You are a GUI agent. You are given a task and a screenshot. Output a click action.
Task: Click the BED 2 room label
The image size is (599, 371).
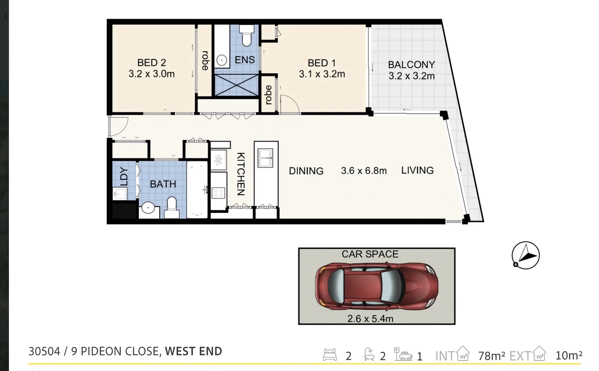click(x=151, y=63)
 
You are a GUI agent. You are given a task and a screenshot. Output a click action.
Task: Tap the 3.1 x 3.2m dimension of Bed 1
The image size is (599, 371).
click(x=322, y=74)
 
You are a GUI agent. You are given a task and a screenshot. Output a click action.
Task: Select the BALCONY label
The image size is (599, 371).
click(x=411, y=65)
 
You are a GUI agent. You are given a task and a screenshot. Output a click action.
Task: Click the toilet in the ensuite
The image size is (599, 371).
click(x=247, y=36)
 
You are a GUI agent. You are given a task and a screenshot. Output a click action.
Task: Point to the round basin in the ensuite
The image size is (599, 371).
click(x=222, y=61)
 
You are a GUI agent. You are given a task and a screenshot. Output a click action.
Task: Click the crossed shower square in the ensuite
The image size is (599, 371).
click(x=236, y=85)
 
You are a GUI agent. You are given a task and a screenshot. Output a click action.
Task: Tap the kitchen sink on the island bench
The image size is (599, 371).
click(x=265, y=158)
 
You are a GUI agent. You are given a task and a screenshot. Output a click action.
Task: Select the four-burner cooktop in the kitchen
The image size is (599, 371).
click(x=218, y=193)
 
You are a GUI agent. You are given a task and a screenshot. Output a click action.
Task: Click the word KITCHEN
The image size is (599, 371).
click(x=241, y=174)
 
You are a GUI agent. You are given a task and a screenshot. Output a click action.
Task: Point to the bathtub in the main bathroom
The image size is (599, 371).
click(x=197, y=189)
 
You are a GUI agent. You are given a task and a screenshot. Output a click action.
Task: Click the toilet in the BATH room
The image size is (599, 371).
click(x=172, y=207)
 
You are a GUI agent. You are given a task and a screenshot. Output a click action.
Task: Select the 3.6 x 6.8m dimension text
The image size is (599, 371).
click(x=363, y=171)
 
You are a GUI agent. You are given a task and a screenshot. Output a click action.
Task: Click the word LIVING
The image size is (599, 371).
click(x=417, y=170)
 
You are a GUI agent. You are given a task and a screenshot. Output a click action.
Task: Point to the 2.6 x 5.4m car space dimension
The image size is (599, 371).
click(x=370, y=319)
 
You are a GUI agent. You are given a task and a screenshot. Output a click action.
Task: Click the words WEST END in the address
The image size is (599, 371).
click(x=193, y=351)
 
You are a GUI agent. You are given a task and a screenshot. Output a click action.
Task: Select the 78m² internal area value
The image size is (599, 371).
click(x=491, y=356)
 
